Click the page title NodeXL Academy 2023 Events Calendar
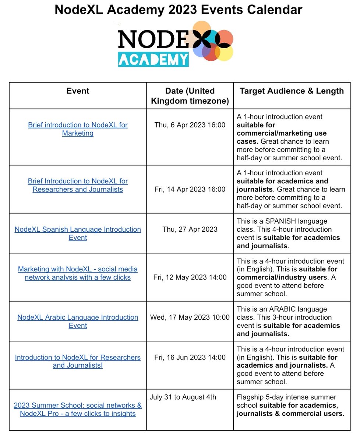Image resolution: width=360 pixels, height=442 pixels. point(179,10)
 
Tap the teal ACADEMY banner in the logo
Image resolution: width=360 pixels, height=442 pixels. point(153,59)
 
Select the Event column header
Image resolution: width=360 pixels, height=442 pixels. point(78,91)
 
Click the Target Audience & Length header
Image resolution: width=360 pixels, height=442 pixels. point(292,91)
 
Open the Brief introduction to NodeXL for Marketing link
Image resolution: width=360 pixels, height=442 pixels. point(78,129)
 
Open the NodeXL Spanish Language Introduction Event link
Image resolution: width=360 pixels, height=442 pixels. point(78,233)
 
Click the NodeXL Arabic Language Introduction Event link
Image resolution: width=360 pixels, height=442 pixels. point(78,321)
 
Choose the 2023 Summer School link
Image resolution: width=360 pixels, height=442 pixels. point(78,409)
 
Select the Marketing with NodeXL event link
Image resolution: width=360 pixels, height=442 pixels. point(78,273)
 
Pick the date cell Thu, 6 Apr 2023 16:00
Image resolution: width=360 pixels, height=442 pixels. point(190,125)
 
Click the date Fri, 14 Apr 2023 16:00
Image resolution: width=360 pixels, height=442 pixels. point(190,189)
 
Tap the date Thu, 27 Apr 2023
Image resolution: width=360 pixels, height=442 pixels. point(190,229)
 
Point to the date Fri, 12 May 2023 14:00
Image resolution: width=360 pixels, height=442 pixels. point(190,277)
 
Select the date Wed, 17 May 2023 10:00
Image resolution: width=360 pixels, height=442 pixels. point(190,317)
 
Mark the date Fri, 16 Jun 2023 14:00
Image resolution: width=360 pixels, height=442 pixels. point(190,357)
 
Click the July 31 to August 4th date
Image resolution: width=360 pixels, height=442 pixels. point(183,397)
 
